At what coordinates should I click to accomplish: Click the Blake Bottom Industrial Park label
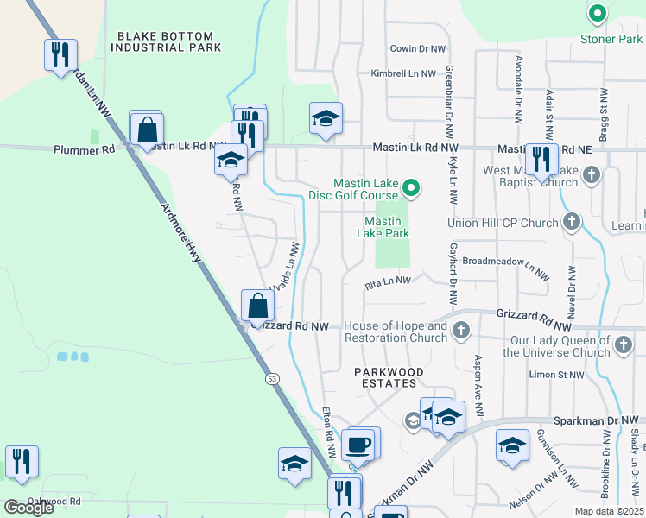(168, 41)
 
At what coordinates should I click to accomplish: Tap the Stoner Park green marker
(596, 15)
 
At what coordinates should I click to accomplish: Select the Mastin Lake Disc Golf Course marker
(412, 187)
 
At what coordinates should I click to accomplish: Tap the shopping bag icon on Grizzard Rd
(257, 306)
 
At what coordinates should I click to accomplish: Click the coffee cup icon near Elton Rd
(358, 445)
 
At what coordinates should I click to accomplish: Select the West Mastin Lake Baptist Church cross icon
(592, 175)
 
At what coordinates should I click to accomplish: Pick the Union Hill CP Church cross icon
(571, 224)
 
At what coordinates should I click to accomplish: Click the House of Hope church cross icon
(461, 331)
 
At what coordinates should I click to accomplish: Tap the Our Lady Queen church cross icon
(624, 346)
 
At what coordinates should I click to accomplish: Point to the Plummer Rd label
(84, 149)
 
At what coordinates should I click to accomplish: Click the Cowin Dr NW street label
(418, 50)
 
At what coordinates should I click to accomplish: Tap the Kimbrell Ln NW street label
(403, 74)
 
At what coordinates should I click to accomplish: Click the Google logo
(28, 508)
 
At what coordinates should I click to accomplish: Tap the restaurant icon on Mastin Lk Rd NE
(541, 160)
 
